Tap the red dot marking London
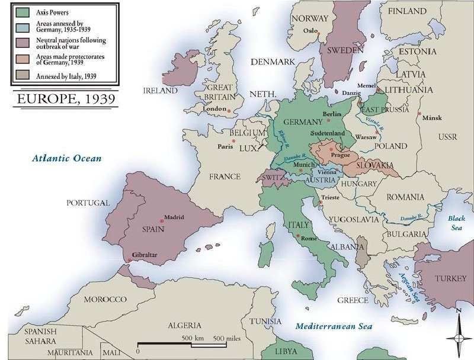click(228, 109)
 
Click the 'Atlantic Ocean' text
click(68, 158)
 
